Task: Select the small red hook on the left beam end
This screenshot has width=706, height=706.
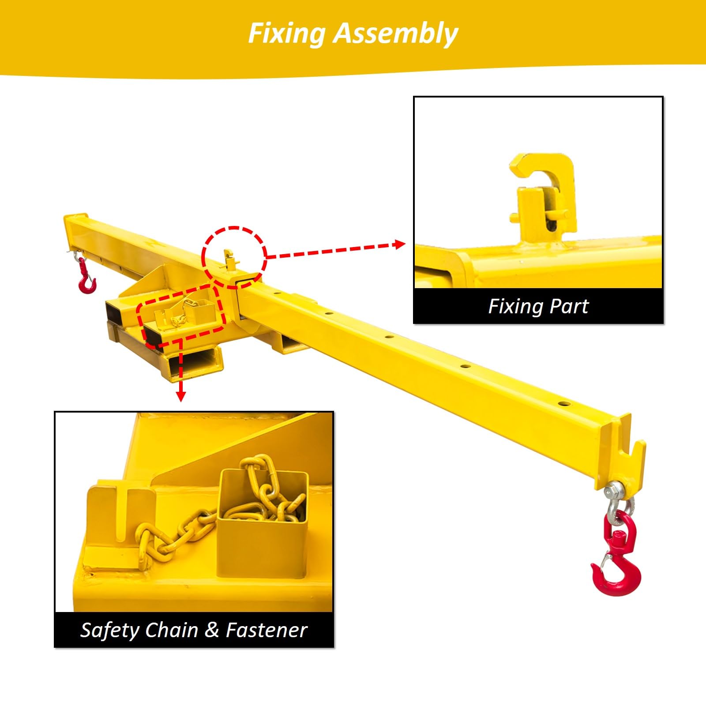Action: point(86,276)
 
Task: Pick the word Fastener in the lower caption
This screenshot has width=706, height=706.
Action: point(267,630)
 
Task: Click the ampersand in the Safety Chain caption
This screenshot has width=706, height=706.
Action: point(212,630)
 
